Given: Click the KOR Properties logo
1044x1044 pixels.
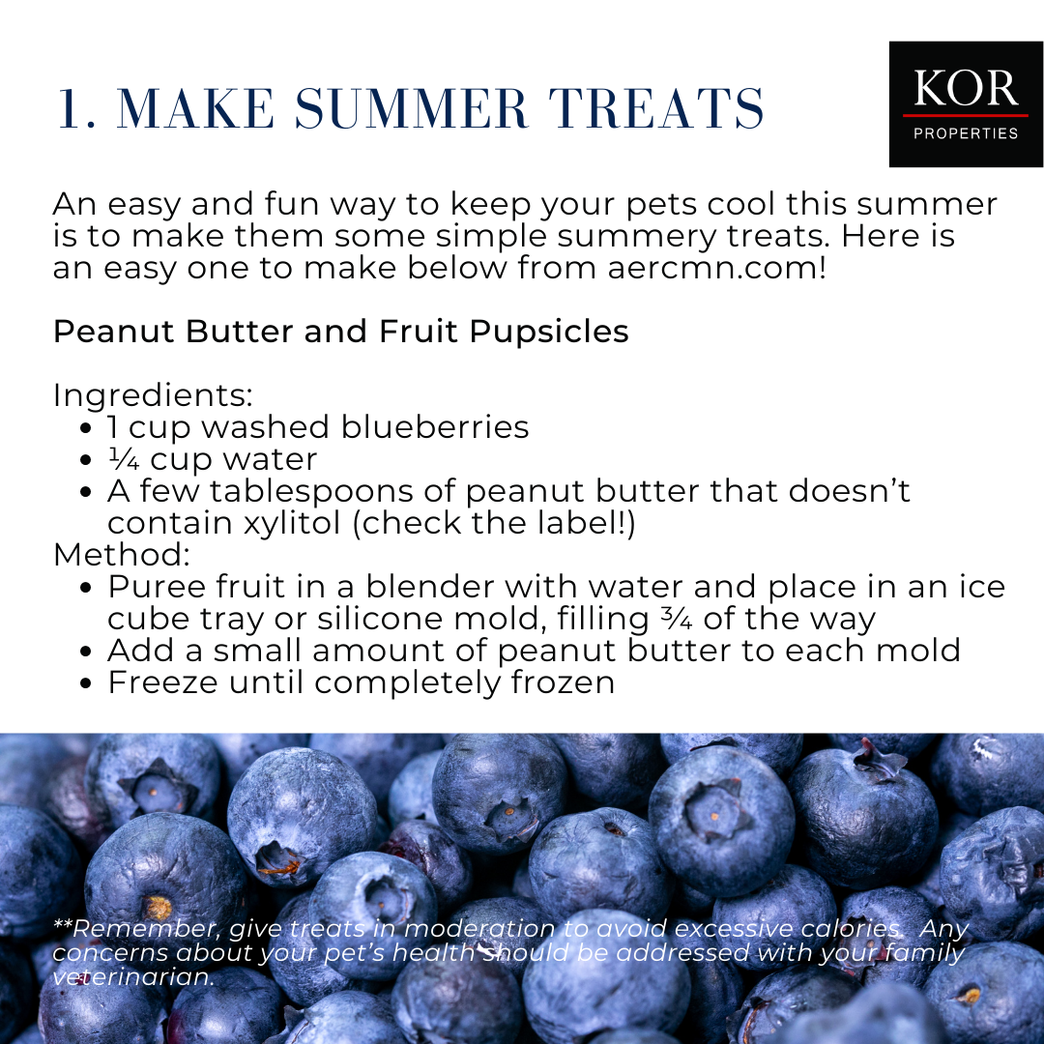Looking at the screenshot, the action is coord(966,103).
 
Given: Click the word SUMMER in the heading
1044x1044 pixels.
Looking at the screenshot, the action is coord(412,108).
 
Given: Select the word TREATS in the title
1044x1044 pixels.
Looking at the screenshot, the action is coord(655,108).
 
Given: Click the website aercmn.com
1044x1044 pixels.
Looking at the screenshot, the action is coord(716,268).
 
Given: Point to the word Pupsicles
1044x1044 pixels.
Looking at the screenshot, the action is coord(549,332).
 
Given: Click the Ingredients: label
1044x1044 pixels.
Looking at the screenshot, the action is coord(153,395).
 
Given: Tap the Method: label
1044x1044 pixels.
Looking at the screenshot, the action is coord(122,555).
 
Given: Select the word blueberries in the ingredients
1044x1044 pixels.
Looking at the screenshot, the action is coord(435,427).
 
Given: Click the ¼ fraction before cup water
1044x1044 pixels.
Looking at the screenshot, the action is coord(124,459).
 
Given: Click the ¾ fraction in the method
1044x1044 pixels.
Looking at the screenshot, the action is coord(677,619).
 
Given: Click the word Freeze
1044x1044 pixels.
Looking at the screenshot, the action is coord(163,682).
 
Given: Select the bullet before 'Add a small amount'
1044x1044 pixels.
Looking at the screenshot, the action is coord(84,652).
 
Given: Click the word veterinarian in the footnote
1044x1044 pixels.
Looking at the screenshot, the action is coord(133,976).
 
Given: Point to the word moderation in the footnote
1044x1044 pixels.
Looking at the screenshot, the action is coord(478,928).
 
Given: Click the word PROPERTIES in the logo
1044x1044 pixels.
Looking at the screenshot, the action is coord(966,133).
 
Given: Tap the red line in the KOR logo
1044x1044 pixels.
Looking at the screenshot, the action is coord(966,115).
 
